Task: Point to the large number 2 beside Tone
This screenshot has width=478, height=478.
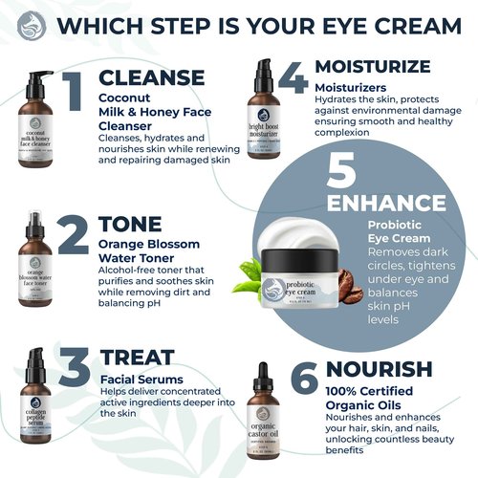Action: [73, 235]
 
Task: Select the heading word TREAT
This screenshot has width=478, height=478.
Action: [138, 358]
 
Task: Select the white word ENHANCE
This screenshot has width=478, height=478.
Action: [385, 203]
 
